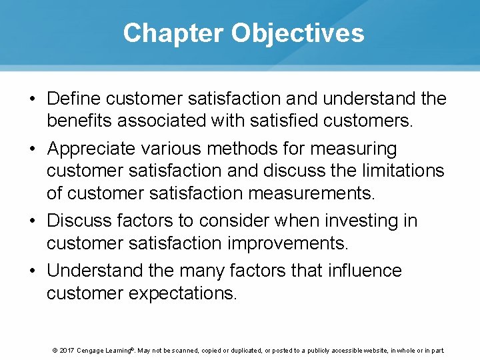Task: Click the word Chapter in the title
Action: coord(173,33)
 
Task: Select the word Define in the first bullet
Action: coord(74,99)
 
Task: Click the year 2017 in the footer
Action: coord(66,351)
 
